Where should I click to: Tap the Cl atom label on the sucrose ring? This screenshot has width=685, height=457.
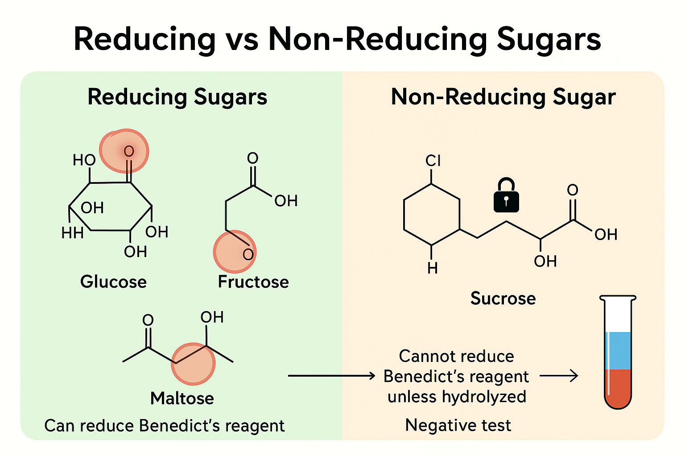433,161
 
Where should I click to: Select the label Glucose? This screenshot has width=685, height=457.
113,282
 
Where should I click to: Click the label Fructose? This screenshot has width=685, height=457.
253,282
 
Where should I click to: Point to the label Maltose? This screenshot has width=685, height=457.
182,398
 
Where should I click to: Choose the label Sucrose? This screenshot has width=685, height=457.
503,298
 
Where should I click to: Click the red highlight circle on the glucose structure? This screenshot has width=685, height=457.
124,151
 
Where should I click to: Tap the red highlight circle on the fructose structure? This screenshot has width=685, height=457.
235,252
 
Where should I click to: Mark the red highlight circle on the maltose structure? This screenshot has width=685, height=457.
194,364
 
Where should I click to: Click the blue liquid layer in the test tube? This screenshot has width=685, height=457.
618,351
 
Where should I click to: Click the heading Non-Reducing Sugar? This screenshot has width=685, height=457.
503,97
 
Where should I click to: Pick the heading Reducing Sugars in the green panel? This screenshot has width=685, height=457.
177,97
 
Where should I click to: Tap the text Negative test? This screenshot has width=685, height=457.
458,425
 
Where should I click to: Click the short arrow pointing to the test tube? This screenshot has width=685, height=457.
559,376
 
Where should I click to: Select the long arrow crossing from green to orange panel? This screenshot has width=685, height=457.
331,376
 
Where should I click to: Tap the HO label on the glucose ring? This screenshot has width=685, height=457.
84,160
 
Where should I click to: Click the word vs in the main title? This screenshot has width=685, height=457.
242,39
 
